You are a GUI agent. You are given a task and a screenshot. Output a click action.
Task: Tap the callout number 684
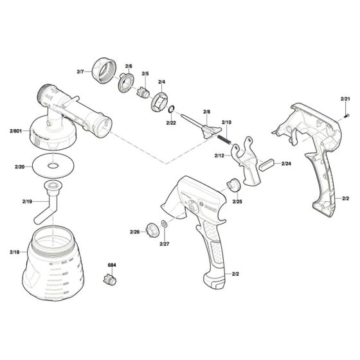coord(111,264)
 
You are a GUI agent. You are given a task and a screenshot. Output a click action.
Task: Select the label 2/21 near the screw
coord(345,99)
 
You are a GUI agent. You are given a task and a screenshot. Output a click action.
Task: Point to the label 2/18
coord(15,252)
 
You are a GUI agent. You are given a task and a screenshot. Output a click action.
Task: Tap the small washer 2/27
coord(165,224)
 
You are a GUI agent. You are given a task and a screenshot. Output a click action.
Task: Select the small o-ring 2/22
coord(172,110)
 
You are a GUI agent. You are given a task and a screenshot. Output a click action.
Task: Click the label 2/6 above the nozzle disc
coord(129,66)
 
